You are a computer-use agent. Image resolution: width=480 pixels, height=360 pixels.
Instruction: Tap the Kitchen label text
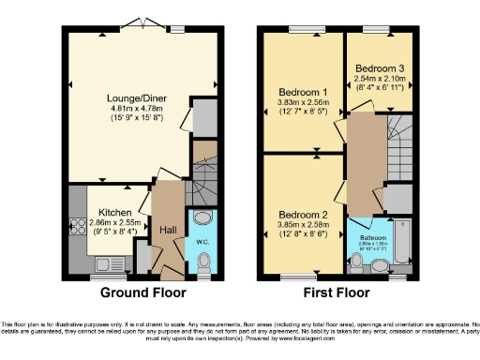[113, 213]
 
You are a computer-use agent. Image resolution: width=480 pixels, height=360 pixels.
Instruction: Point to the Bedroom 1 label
[302, 92]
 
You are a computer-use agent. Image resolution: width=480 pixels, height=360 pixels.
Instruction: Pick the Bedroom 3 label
[379, 69]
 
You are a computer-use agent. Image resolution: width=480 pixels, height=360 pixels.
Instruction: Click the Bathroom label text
[373, 237]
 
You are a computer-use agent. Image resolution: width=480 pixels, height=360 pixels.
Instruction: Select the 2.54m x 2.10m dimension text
[379, 80]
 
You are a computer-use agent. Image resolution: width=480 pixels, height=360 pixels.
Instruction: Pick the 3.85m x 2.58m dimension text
[302, 224]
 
